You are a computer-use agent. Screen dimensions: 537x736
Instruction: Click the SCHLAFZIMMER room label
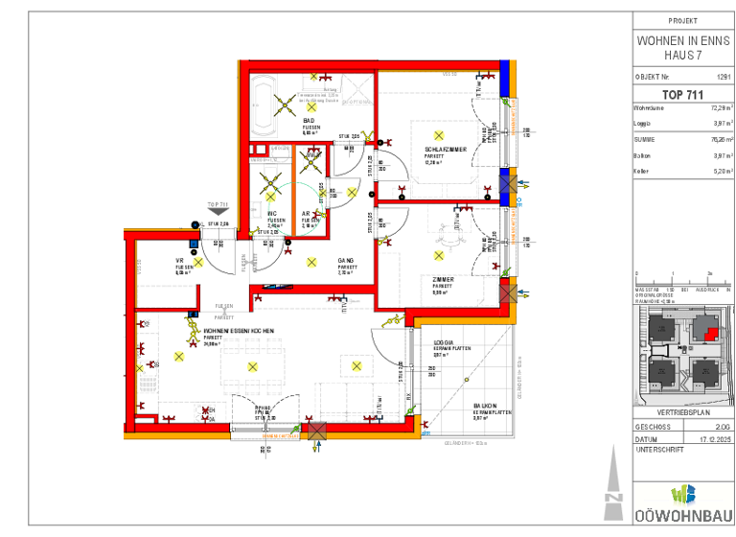point(446,150)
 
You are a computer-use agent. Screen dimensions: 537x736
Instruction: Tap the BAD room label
point(310,120)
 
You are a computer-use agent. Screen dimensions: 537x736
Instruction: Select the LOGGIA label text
point(443,341)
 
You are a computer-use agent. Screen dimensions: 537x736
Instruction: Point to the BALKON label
point(484,406)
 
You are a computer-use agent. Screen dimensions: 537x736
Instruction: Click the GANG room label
point(346,260)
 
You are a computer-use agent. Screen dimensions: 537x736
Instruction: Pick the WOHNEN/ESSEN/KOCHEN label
point(239,331)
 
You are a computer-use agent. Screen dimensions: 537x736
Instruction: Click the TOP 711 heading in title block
point(682,94)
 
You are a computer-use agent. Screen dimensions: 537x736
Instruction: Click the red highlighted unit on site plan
point(709,333)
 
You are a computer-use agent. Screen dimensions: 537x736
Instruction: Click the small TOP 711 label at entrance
point(218,204)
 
